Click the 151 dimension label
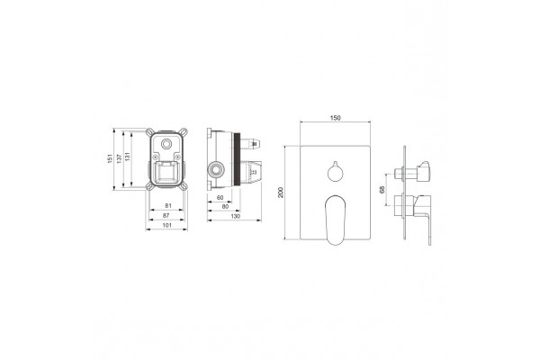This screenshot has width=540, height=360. click(110, 158)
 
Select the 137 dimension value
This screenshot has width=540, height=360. click(119, 158)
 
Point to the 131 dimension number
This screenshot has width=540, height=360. click(128, 156)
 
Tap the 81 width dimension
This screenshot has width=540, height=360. click(168, 206)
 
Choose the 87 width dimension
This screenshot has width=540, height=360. click(166, 215)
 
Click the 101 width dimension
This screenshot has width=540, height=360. click(167, 225)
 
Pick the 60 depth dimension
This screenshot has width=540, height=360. click(220, 198)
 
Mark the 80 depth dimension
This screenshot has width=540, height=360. click(225, 207)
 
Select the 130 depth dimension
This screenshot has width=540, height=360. click(235, 216)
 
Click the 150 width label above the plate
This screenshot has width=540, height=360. click(335, 118)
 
